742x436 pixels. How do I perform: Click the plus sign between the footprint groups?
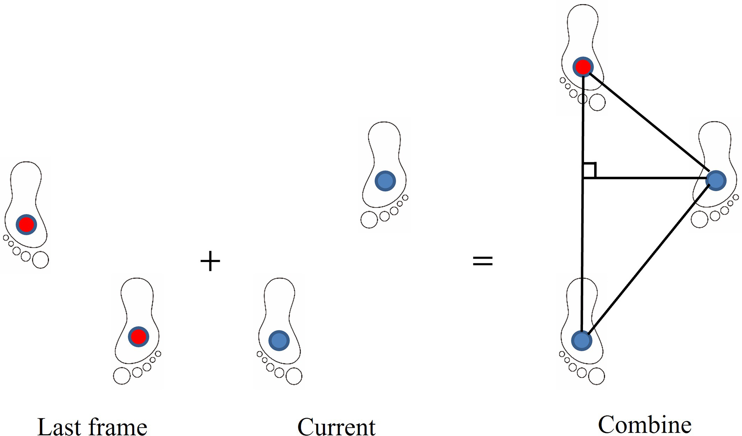point(210,261)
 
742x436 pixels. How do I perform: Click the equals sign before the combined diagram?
point(482,261)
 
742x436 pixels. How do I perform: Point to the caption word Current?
point(336,426)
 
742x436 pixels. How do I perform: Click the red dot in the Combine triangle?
point(583,67)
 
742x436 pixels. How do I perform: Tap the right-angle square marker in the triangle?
point(589,170)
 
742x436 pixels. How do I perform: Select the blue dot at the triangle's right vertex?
point(716,181)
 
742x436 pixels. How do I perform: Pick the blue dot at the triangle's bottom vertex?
point(582,341)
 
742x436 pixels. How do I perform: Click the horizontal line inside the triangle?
point(646,178)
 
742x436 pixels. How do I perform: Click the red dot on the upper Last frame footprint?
point(26,225)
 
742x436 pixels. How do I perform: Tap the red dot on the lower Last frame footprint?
point(139,337)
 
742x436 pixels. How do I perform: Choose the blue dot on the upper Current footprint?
point(385,181)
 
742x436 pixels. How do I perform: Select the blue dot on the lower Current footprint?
point(279,341)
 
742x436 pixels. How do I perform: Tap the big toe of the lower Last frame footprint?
point(122,376)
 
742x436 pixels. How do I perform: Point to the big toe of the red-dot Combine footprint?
point(597,103)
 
